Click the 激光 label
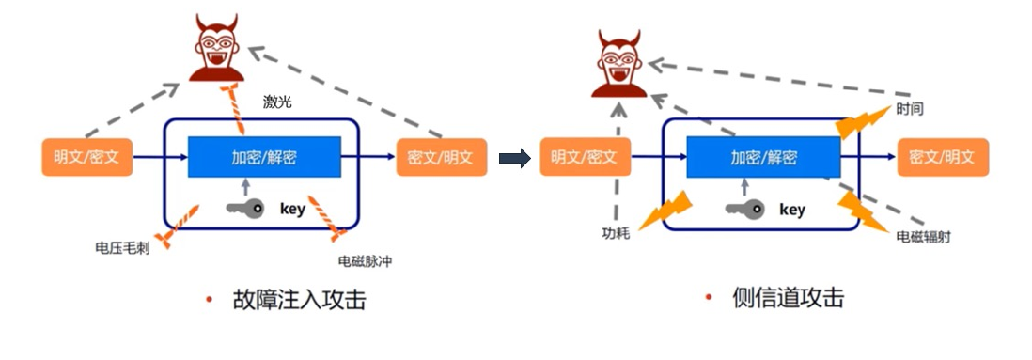pyautogui.click(x=278, y=102)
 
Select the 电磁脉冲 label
pyautogui.click(x=364, y=261)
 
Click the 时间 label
pyautogui.click(x=910, y=109)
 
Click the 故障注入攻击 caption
pyautogui.click(x=299, y=301)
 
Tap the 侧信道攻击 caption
pyautogui.click(x=788, y=299)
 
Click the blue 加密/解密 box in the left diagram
pyautogui.click(x=264, y=157)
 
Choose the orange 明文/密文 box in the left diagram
pyautogui.click(x=87, y=157)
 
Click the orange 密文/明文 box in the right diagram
pyautogui.click(x=943, y=157)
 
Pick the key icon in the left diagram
pyautogui.click(x=246, y=208)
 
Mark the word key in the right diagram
pyautogui.click(x=792, y=210)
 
